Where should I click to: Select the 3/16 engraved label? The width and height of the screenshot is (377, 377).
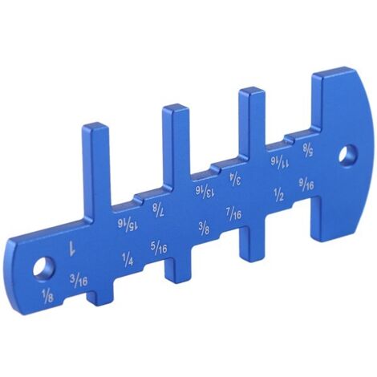[x=79, y=280]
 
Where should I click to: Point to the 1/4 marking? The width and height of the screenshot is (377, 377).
[x=127, y=258]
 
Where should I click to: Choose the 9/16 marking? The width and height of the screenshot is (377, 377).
[x=306, y=184]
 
